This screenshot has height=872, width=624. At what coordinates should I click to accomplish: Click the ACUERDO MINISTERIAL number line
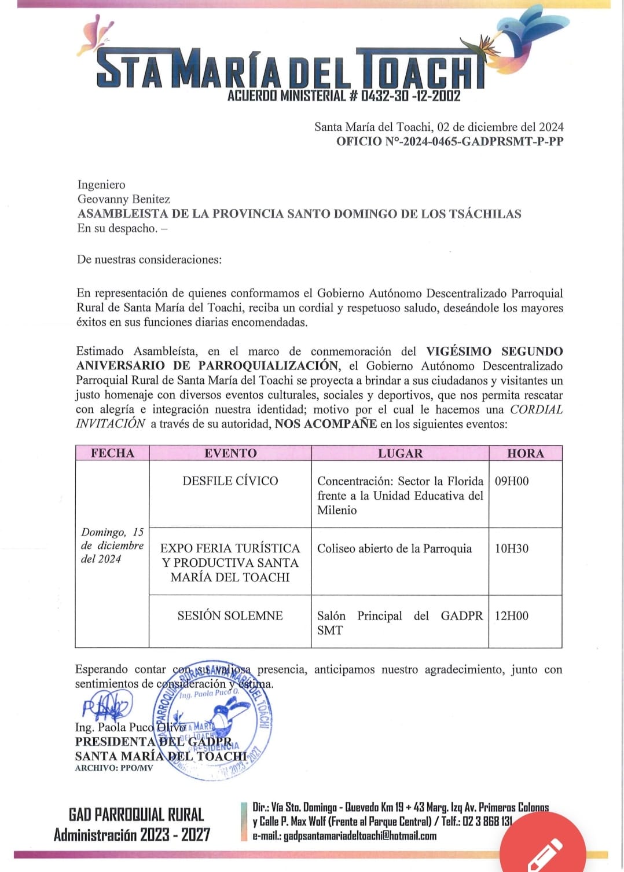tap(344, 96)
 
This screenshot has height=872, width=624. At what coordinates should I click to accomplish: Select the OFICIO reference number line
tap(449, 141)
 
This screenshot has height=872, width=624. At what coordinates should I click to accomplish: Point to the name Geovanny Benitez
tap(124, 199)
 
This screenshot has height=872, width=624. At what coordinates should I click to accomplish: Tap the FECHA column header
tap(112, 453)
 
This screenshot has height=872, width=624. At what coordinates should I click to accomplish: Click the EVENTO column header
tap(230, 453)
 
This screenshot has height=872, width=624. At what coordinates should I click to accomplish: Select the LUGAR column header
tap(400, 453)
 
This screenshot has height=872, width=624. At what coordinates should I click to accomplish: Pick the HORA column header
tap(525, 453)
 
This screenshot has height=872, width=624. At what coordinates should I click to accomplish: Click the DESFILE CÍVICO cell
tap(230, 481)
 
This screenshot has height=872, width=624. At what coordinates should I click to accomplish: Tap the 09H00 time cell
tap(512, 481)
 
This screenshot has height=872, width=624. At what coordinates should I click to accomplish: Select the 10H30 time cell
tap(512, 548)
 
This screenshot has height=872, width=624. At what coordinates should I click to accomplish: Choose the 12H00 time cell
tap(512, 615)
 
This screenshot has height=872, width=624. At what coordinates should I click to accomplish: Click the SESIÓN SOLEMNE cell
tap(230, 615)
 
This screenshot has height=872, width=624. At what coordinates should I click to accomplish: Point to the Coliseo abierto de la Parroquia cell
tap(394, 548)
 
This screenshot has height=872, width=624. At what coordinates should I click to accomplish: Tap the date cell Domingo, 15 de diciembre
tap(112, 545)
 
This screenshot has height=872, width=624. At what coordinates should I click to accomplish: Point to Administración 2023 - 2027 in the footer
tap(132, 834)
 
